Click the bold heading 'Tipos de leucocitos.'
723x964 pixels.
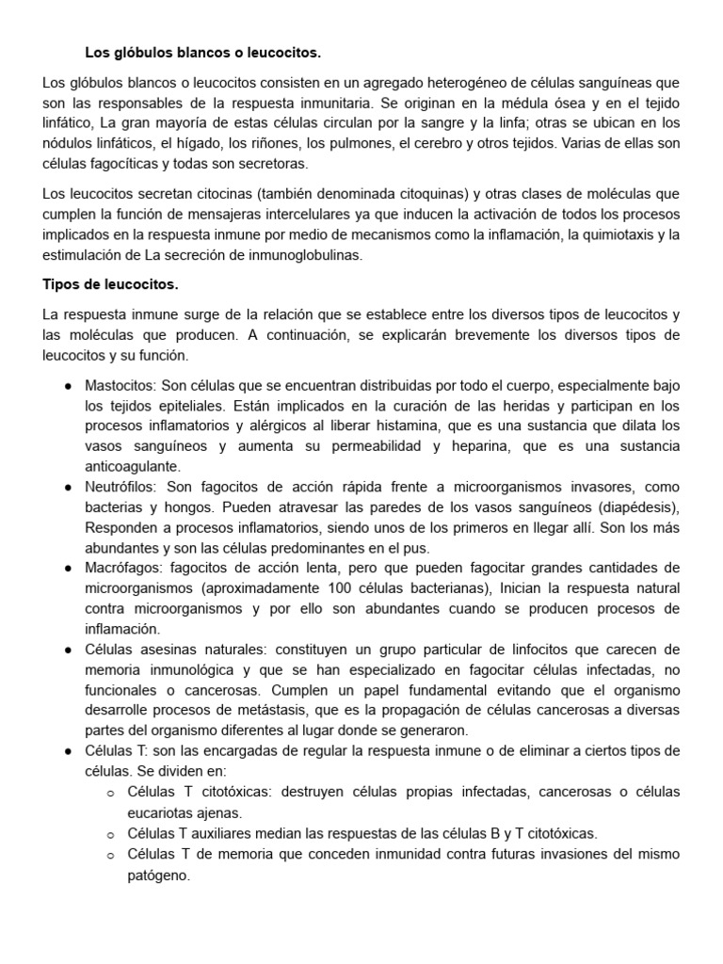click(110, 284)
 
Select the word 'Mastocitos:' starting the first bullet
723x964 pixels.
click(120, 386)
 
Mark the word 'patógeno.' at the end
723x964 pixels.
click(158, 875)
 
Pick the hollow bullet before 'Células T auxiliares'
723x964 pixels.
click(110, 834)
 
